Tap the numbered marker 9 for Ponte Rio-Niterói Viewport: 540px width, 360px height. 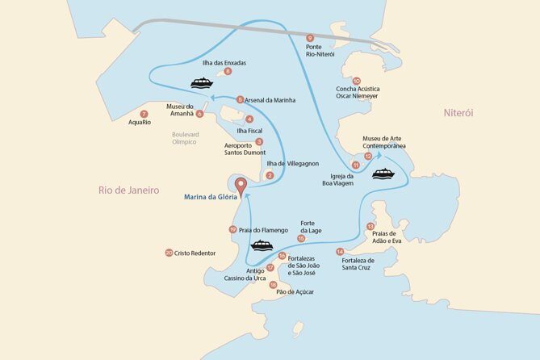point(311,38)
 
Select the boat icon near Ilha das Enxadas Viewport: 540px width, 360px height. point(201,82)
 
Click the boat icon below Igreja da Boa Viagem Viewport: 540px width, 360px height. point(383,174)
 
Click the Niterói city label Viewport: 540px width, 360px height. point(458,113)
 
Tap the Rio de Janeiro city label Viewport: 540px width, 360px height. point(128,190)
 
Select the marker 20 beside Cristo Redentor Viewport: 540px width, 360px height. point(168,253)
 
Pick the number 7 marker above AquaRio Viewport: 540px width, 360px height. point(144,114)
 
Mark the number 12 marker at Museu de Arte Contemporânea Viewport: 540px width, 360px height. point(368,155)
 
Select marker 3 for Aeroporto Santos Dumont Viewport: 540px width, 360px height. point(258,141)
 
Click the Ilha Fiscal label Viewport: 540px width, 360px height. point(249,130)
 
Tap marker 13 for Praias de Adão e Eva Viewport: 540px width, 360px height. point(370,227)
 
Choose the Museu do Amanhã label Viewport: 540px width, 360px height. point(179,110)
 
